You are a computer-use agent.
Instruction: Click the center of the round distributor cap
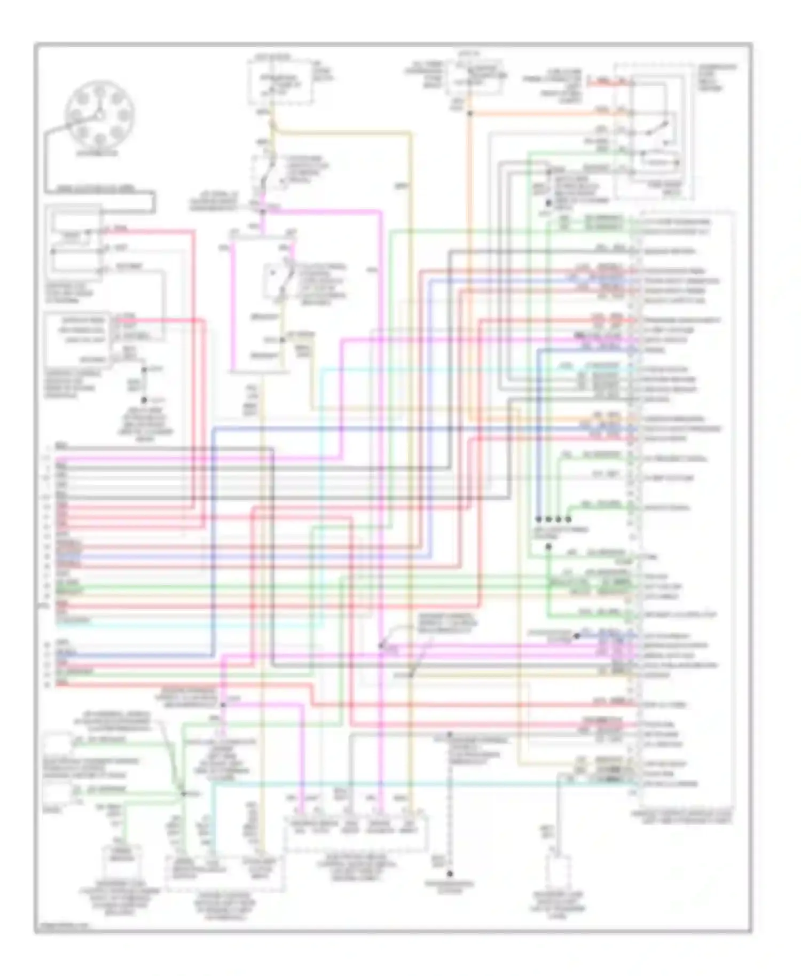[x=99, y=115]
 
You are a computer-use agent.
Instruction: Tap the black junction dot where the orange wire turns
[x=470, y=114]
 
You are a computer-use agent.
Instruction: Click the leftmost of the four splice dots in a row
[x=538, y=519]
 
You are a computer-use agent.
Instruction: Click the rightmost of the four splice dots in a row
[x=568, y=519]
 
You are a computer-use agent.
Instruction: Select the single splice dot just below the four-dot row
[x=548, y=547]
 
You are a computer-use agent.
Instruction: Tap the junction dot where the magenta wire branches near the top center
[x=263, y=211]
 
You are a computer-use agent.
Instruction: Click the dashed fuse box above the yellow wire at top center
[x=280, y=83]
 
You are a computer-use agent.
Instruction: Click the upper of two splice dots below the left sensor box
[x=144, y=369]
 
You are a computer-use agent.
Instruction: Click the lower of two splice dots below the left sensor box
[x=144, y=399]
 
